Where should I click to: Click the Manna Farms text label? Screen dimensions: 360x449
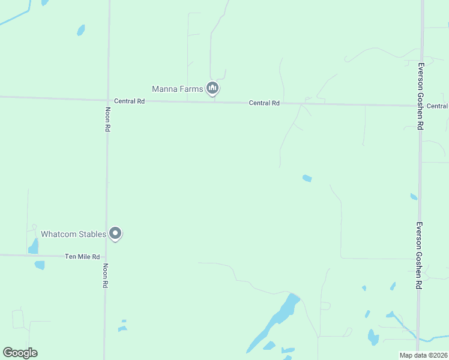tap(177, 89)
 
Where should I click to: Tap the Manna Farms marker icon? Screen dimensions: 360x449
tap(212, 88)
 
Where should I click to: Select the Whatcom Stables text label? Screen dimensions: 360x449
tap(73, 233)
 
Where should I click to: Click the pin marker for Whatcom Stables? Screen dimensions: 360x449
tap(116, 233)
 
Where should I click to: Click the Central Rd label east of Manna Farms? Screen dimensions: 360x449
tap(264, 103)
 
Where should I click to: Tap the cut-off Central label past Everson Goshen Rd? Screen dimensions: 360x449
tap(437, 106)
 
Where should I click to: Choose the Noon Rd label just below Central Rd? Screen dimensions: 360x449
tap(107, 120)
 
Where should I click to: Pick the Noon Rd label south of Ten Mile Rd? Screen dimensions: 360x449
tap(105, 276)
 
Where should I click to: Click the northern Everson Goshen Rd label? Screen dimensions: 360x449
tap(421, 96)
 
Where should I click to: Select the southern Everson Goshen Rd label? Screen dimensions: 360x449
tap(418, 256)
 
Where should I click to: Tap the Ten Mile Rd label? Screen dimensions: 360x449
tap(82, 257)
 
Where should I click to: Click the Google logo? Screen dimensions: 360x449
tap(20, 353)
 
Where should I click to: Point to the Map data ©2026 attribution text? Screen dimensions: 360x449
tap(423, 355)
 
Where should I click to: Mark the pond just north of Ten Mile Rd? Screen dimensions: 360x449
tap(33, 246)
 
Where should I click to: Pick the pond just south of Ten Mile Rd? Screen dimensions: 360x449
tap(40, 265)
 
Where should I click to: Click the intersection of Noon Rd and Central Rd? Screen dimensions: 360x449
tap(109, 100)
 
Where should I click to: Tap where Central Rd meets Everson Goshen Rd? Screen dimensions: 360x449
tap(420, 106)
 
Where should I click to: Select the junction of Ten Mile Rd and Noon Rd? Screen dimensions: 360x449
tap(106, 257)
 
